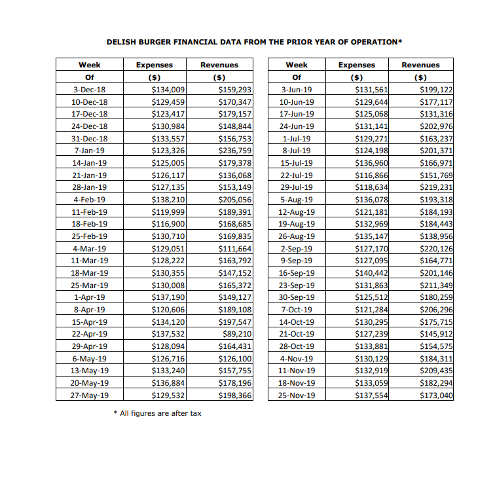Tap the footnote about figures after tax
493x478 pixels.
point(157,413)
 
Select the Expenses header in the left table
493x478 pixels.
point(154,65)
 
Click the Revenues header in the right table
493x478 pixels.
point(420,65)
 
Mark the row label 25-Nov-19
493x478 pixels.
point(297,395)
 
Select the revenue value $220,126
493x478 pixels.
point(436,248)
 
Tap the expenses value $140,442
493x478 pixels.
point(371,272)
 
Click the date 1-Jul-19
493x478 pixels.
point(297,138)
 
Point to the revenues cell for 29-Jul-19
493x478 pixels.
point(436,187)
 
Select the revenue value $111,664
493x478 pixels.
point(235,248)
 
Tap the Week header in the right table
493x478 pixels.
point(297,65)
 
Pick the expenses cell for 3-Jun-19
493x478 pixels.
point(371,90)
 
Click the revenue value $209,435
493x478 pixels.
point(436,371)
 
